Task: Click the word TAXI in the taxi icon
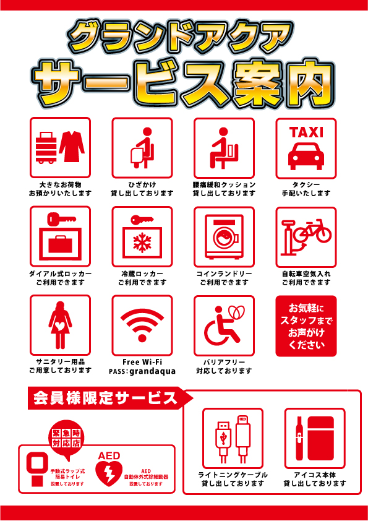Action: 306,132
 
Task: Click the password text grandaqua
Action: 153,371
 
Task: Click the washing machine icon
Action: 224,238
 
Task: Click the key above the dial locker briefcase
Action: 59,218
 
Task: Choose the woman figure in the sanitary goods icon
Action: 60,325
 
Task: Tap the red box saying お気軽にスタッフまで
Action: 306,326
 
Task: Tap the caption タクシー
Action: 306,184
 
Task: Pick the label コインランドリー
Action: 224,273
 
